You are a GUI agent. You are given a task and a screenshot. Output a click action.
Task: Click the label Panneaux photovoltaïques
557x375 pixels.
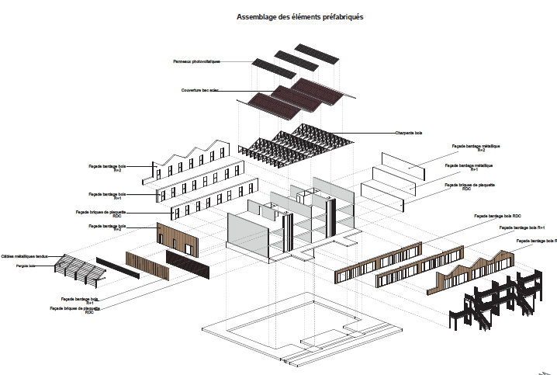197,61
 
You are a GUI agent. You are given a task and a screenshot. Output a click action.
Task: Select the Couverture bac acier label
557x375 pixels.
200,90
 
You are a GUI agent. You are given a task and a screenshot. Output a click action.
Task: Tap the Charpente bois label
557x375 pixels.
407,133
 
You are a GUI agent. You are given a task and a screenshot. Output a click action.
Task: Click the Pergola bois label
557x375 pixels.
26,266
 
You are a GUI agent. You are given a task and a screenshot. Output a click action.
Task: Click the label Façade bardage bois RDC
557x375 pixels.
496,216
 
